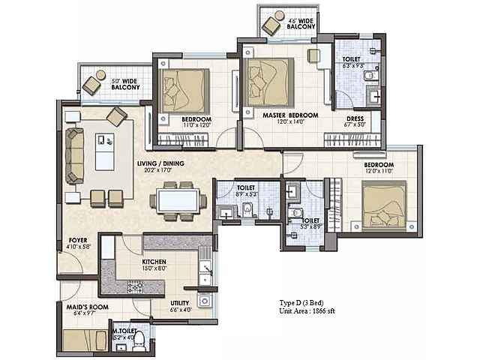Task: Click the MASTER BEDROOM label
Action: (290, 115)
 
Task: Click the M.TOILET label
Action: (124, 330)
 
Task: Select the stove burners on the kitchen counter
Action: (138, 285)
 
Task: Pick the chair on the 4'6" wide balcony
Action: (270, 25)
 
